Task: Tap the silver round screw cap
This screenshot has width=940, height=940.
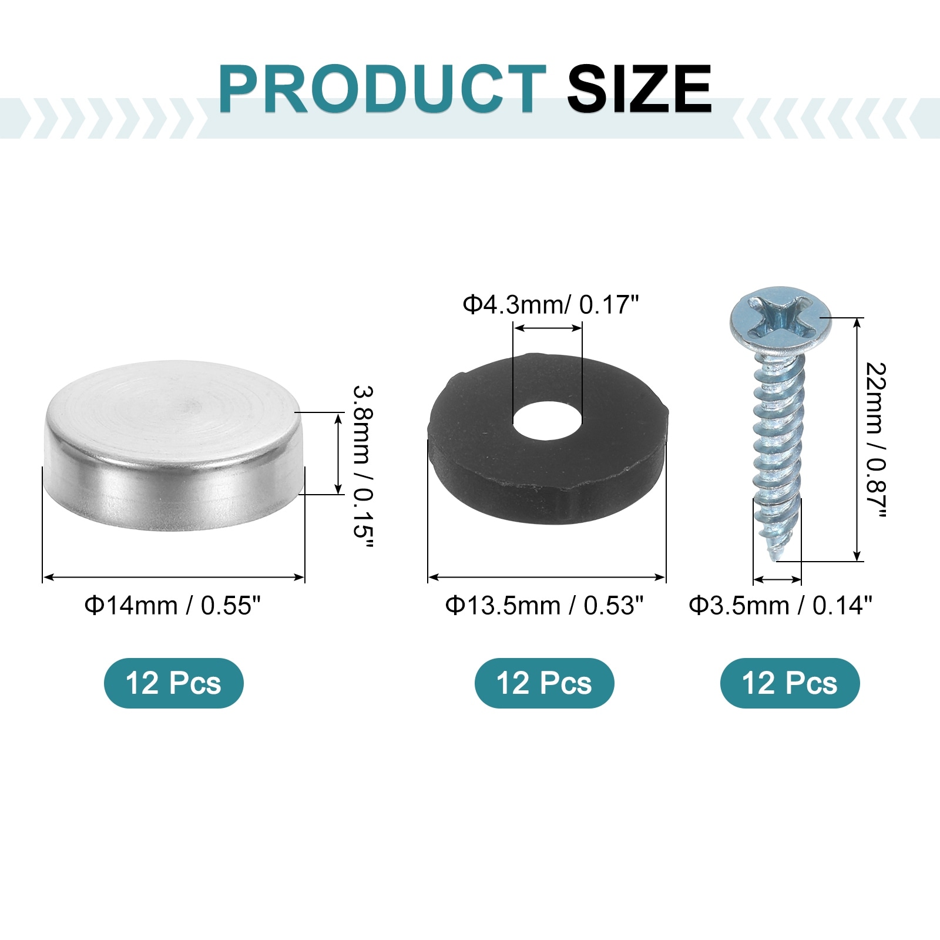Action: pyautogui.click(x=174, y=445)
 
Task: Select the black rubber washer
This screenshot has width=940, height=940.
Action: pyautogui.click(x=548, y=438)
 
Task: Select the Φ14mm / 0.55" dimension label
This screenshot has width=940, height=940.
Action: pyautogui.click(x=172, y=605)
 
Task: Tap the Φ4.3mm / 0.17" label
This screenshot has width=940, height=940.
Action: pyautogui.click(x=550, y=305)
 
